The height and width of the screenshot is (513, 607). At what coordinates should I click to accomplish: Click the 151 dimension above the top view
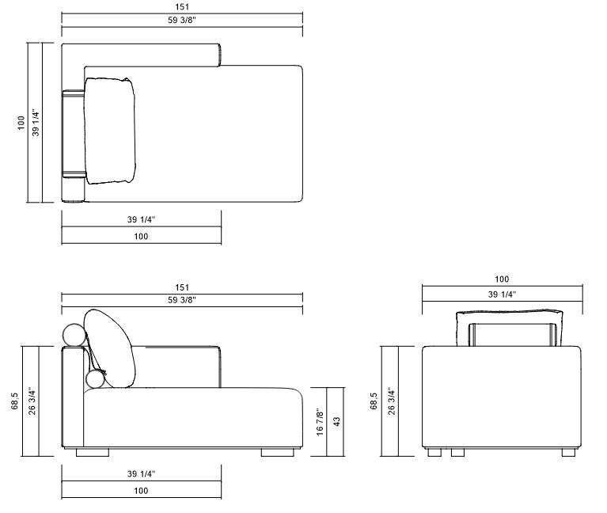point(182,8)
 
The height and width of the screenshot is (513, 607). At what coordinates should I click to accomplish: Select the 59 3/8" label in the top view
point(182,21)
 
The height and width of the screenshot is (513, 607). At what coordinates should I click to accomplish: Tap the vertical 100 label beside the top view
point(21,123)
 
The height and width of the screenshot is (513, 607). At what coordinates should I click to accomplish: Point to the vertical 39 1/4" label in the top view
point(35,123)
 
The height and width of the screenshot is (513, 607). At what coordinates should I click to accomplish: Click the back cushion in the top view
point(112,131)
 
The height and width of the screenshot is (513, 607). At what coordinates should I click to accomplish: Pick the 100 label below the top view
point(141,236)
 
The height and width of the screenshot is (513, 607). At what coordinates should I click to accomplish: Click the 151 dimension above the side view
point(182,287)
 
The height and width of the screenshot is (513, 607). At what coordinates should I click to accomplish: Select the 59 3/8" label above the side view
point(182,300)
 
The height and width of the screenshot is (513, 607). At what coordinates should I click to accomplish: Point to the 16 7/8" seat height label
point(319,422)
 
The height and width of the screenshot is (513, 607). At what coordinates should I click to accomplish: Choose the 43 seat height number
point(336,422)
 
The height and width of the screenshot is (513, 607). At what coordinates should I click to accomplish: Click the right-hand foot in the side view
point(278,454)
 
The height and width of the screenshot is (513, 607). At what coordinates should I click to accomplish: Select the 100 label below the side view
point(141,491)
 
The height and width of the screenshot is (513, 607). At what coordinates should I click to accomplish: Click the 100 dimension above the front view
point(502,279)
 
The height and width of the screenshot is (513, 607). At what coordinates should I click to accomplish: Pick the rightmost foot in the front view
point(569,454)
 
